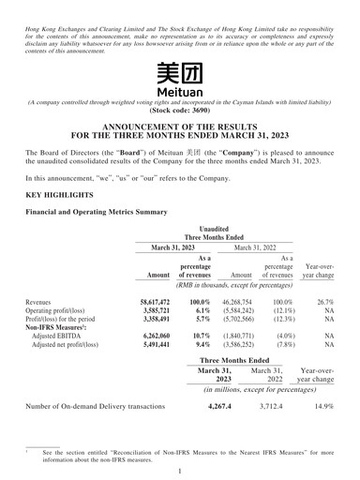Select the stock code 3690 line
point(180,110)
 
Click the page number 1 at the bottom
point(180,471)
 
